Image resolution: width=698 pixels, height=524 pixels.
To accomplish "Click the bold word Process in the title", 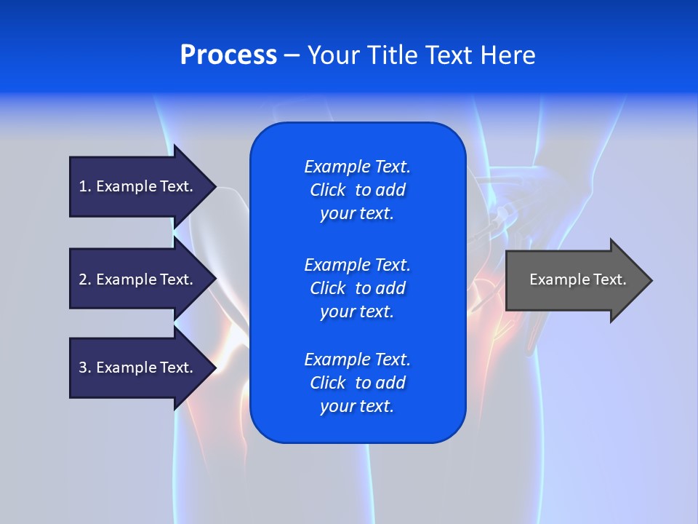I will pyautogui.click(x=228, y=55).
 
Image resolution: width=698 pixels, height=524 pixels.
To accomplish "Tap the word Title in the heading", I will pyautogui.click(x=393, y=55).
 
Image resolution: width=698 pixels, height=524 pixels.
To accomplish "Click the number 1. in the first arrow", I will pyautogui.click(x=85, y=186).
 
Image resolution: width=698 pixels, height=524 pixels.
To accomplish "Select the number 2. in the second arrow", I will pyautogui.click(x=85, y=279).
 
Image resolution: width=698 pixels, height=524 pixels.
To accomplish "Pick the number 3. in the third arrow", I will pyautogui.click(x=85, y=368).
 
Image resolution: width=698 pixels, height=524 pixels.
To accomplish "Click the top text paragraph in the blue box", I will pyautogui.click(x=357, y=190).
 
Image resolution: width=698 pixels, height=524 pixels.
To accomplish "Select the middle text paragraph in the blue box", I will pyautogui.click(x=357, y=287).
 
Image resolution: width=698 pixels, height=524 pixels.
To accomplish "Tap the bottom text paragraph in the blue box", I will pyautogui.click(x=357, y=383).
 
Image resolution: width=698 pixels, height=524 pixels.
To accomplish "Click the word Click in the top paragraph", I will pyautogui.click(x=327, y=190).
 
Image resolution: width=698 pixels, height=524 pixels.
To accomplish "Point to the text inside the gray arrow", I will pyautogui.click(x=577, y=279).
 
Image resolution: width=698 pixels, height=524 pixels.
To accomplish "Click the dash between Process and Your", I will pyautogui.click(x=292, y=55).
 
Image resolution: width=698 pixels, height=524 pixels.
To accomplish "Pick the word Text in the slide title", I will pyautogui.click(x=449, y=55).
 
